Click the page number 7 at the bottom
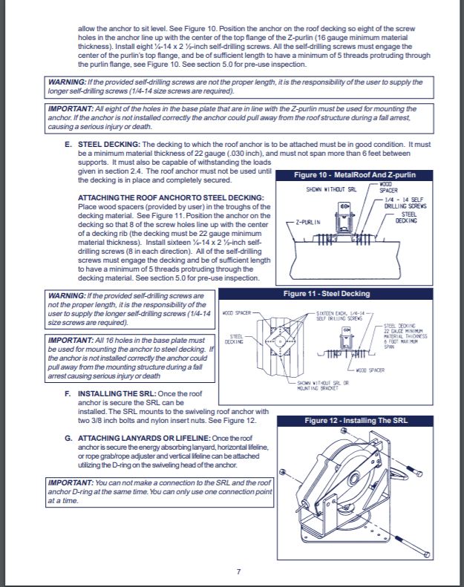point(239,571)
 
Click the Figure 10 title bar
point(347,175)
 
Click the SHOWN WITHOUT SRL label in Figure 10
point(327,190)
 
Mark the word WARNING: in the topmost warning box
point(65,80)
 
